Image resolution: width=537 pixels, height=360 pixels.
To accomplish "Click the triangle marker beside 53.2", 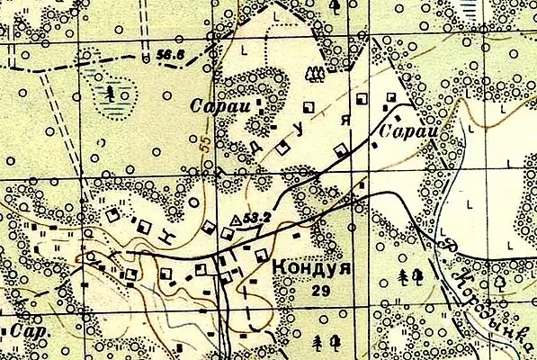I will click(x=237, y=219).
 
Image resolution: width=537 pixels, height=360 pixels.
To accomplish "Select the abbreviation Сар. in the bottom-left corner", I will click(x=27, y=330).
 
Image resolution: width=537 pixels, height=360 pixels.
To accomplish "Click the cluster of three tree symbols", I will click(x=314, y=72).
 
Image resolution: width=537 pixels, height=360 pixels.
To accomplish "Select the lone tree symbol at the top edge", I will click(x=335, y=6).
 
